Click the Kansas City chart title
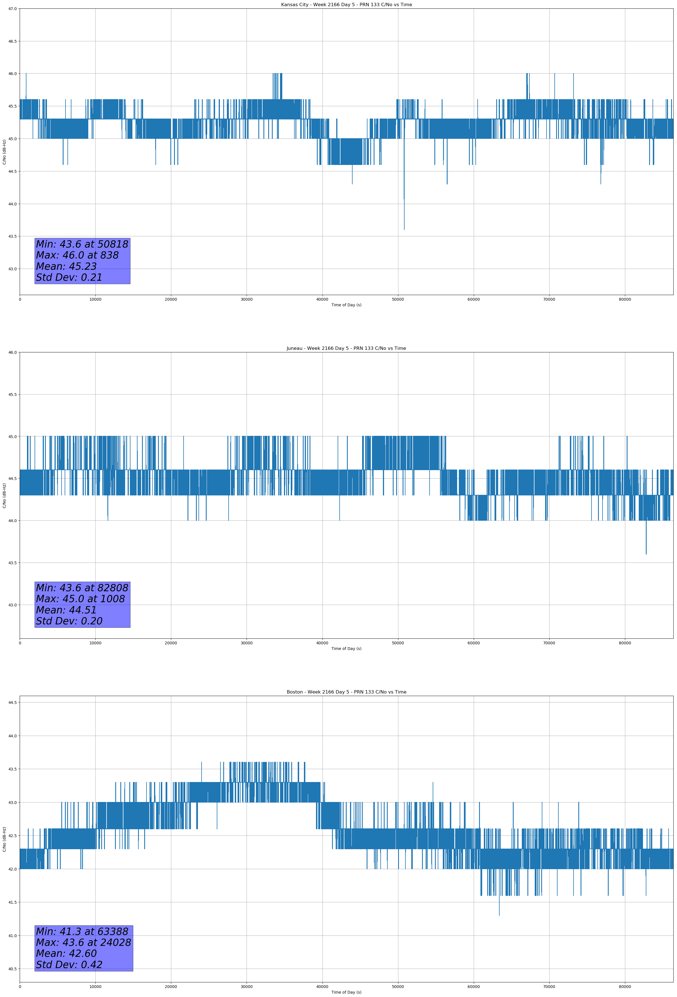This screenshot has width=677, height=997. tap(346, 5)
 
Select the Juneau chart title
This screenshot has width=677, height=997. tap(346, 348)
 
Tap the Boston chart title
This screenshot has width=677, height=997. tap(346, 692)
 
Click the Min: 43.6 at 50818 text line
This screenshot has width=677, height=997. tap(82, 244)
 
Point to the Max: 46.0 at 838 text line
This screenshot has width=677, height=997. tap(77, 255)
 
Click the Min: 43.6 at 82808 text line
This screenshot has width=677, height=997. tap(82, 588)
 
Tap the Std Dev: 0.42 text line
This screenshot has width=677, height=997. tap(69, 965)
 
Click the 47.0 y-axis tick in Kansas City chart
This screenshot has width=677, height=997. tap(12, 9)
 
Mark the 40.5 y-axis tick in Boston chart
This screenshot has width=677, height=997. tap(12, 969)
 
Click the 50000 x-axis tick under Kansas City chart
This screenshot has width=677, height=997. tap(398, 300)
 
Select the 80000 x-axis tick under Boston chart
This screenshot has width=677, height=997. tap(625, 987)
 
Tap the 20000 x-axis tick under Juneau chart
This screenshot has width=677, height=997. tap(171, 643)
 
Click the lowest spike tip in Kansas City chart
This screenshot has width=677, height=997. tap(404, 230)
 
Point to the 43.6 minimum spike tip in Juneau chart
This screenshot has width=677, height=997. tap(646, 554)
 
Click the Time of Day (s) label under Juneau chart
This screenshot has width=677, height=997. tap(346, 649)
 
